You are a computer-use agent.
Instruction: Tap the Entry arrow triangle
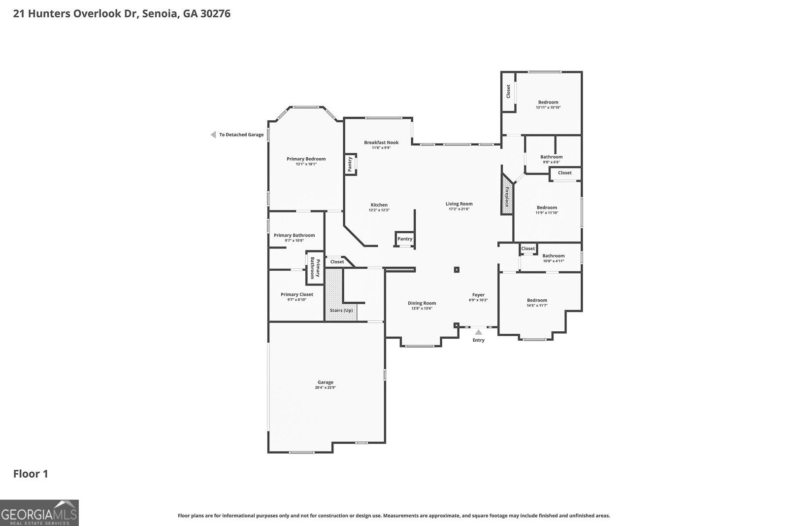pyautogui.click(x=478, y=332)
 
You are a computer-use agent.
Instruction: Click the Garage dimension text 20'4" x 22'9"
pyautogui.click(x=326, y=387)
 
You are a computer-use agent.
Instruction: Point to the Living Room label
pyautogui.click(x=459, y=204)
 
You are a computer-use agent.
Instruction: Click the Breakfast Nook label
pyautogui.click(x=381, y=142)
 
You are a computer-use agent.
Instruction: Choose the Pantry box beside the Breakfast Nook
pyautogui.click(x=350, y=164)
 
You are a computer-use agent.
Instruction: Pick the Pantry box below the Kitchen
pyautogui.click(x=405, y=239)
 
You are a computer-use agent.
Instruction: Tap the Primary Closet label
pyautogui.click(x=297, y=294)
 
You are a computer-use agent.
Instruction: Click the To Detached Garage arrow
pyautogui.click(x=213, y=135)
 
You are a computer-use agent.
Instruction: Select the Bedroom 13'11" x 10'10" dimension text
pyautogui.click(x=548, y=107)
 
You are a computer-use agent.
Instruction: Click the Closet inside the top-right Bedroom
pyautogui.click(x=508, y=91)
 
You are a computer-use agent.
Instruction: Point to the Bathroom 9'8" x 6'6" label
pyautogui.click(x=551, y=157)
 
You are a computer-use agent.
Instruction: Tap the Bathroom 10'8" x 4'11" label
pyautogui.click(x=554, y=256)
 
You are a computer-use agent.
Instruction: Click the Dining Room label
pyautogui.click(x=422, y=303)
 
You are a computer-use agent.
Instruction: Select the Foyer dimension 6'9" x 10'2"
pyautogui.click(x=478, y=300)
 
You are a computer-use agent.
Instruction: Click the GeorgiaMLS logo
pyautogui.click(x=39, y=513)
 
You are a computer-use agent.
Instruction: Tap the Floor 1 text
pyautogui.click(x=31, y=474)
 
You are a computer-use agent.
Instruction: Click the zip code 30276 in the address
pyautogui.click(x=214, y=13)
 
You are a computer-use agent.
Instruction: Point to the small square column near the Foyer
pyautogui.click(x=457, y=270)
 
